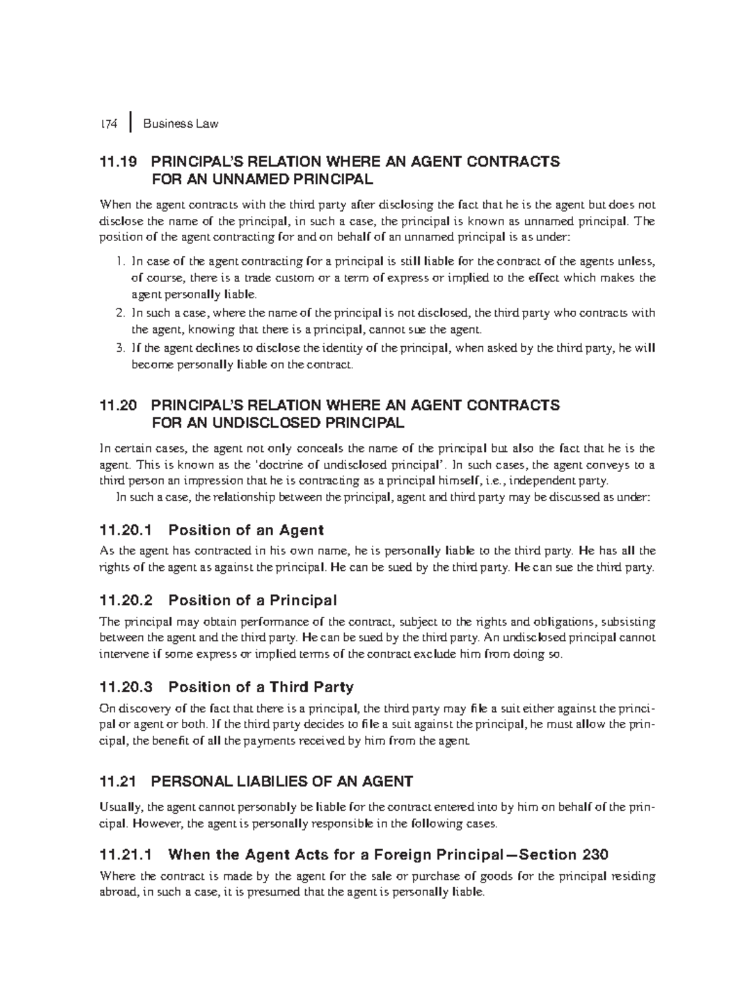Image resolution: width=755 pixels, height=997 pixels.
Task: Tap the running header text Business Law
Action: point(181,124)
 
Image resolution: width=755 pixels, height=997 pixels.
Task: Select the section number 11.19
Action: point(118,162)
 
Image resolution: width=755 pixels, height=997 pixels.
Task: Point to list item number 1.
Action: point(121,262)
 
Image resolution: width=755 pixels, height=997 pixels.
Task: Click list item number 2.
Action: point(121,313)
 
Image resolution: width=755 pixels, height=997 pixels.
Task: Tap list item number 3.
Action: point(121,348)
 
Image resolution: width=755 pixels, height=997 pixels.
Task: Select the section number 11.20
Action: point(118,405)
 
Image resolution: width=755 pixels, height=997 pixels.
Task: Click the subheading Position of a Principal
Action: point(252,600)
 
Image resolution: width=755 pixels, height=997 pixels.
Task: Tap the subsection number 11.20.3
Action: point(126,687)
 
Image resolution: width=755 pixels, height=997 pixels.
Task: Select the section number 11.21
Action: point(118,782)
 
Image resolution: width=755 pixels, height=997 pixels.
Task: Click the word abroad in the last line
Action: point(119,893)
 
